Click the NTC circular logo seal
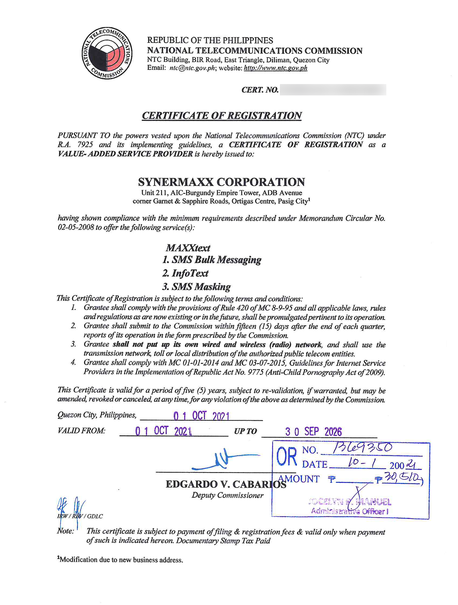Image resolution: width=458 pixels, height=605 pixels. tap(107, 53)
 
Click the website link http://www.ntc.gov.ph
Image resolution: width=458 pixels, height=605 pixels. tap(275, 68)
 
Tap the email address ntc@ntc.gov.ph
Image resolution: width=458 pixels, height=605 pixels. tap(192, 68)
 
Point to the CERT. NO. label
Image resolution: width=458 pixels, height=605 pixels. tap(260, 90)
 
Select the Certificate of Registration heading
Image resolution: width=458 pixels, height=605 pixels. tap(222, 116)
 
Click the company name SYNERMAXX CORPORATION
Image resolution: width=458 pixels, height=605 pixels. tap(221, 182)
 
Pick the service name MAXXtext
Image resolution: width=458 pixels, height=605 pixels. tap(188, 248)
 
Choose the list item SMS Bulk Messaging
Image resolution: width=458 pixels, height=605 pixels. tap(212, 260)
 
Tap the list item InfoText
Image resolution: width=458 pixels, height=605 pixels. tap(185, 273)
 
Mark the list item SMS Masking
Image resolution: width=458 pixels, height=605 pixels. tap(196, 287)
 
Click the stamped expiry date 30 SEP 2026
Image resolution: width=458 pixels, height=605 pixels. tap(313, 432)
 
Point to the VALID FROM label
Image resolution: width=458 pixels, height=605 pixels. tap(81, 431)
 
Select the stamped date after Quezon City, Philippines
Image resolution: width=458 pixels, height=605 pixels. tap(201, 416)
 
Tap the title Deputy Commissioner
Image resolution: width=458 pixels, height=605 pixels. tap(227, 495)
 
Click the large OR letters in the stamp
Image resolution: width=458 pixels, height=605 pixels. tap(286, 457)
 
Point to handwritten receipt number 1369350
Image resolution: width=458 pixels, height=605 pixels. tap(362, 448)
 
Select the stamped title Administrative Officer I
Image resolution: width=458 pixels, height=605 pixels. tap(350, 511)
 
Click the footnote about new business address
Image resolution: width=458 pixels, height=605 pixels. tap(120, 560)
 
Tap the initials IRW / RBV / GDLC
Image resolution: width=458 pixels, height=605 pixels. tap(80, 516)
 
